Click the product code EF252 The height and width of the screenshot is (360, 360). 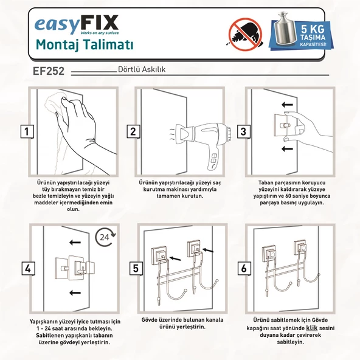coord(49,71)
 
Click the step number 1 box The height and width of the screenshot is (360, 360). coord(27,131)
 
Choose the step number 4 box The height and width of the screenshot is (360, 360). coord(27,268)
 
